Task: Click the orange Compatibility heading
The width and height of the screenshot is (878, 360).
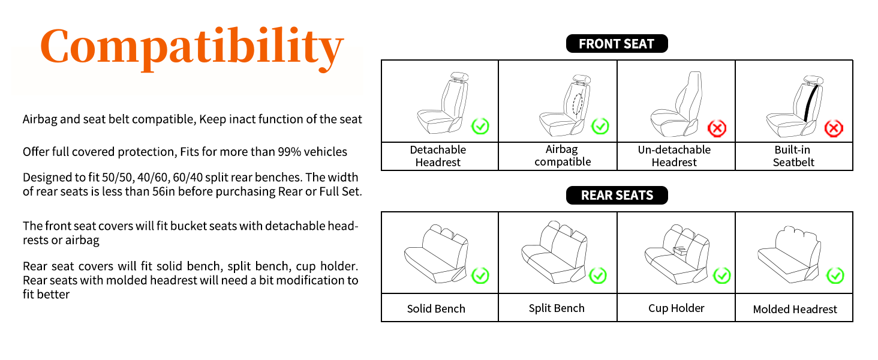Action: tap(192, 47)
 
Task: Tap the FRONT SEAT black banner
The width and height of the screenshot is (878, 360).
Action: tap(617, 44)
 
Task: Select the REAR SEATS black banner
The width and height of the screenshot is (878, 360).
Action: tap(617, 196)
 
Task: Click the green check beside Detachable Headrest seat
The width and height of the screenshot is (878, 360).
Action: tap(480, 126)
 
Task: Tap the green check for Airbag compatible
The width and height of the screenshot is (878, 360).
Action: tap(600, 126)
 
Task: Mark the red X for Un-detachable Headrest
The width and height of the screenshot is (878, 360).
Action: tap(717, 128)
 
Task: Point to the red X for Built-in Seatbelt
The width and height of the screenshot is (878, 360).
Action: tap(834, 128)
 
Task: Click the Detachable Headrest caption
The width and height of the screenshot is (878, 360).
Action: tap(438, 156)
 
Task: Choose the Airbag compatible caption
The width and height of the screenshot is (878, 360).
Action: tap(563, 156)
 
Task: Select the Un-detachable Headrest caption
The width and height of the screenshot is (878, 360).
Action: tap(674, 156)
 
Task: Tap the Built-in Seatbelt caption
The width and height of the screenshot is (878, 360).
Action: tap(793, 156)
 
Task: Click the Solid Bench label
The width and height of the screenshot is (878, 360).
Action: tap(436, 309)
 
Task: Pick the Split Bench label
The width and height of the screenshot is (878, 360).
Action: tap(557, 308)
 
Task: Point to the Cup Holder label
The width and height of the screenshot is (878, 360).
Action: tap(676, 308)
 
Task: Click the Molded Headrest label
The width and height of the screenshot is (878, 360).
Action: tap(795, 310)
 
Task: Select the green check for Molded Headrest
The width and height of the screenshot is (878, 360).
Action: tap(835, 275)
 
